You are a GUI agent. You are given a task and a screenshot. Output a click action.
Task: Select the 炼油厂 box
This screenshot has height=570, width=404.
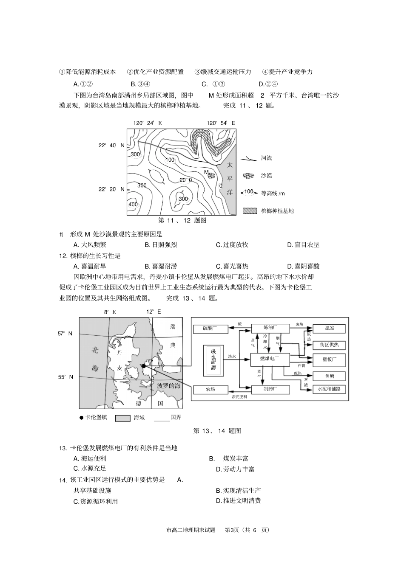pos(270,328)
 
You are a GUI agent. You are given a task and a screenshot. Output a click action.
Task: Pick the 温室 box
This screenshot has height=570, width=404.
pos(329,329)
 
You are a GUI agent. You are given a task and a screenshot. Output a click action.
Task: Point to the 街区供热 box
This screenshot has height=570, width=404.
pos(329,345)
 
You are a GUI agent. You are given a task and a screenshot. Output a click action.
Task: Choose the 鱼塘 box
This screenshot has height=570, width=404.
pos(329,376)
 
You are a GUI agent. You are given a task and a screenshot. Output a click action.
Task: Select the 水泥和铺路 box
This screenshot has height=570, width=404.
pos(329,389)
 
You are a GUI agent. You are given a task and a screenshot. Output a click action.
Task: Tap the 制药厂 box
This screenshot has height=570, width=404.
pos(270,390)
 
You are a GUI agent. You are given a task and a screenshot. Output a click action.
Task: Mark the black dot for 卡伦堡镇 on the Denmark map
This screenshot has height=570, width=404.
pos(144,365)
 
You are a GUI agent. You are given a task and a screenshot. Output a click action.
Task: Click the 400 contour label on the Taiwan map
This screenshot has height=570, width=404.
pos(133,205)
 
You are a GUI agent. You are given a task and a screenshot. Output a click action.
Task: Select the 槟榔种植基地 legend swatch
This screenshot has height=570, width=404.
pos(250,211)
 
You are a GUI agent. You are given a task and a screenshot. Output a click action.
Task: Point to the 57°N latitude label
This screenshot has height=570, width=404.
pos(65,334)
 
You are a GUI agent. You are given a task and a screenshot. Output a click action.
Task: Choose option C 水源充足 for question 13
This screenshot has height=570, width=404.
pos(90,469)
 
